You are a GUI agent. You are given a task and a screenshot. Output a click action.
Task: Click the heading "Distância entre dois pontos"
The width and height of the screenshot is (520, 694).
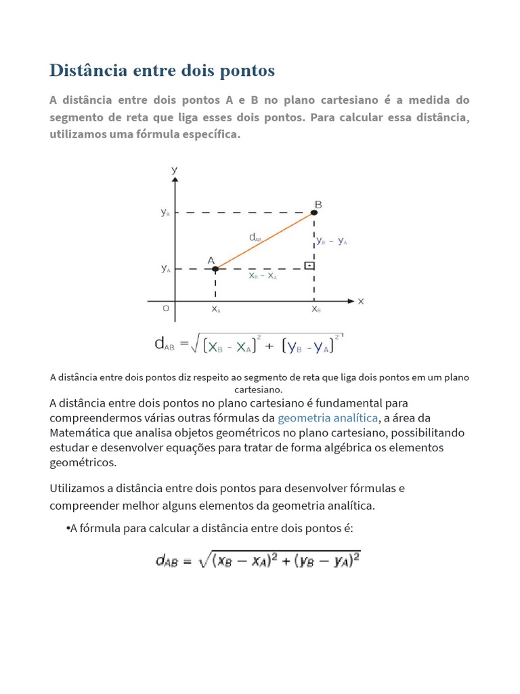tap(162, 70)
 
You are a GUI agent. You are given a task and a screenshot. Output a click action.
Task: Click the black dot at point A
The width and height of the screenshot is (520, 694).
tap(215, 269)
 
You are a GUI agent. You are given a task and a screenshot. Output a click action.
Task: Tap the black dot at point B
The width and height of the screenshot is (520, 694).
tap(314, 213)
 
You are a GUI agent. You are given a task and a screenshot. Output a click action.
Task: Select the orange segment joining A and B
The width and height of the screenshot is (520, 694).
tap(265, 241)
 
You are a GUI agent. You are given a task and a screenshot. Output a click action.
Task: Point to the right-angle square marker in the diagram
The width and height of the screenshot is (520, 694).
tap(309, 265)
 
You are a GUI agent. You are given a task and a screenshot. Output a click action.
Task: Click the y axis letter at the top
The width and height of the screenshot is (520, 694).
tap(175, 169)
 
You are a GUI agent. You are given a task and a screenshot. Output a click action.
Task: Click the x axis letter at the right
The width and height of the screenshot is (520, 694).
tap(361, 302)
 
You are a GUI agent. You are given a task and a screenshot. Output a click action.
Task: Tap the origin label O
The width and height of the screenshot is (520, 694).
tap(165, 309)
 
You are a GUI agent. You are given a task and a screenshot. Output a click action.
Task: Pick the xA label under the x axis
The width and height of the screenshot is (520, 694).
tap(216, 310)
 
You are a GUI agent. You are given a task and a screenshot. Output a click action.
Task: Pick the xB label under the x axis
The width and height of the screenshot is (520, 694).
tap(316, 310)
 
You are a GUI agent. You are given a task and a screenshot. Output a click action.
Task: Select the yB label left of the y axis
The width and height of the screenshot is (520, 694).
tap(165, 213)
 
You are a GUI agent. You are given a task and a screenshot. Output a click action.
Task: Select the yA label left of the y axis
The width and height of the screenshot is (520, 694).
tap(165, 269)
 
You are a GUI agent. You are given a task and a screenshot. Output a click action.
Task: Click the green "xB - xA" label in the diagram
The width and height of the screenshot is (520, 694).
tap(263, 277)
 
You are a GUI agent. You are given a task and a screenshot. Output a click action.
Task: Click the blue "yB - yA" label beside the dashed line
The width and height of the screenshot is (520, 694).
tap(332, 241)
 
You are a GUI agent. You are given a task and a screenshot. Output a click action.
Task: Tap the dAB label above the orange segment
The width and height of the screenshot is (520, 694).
tap(255, 237)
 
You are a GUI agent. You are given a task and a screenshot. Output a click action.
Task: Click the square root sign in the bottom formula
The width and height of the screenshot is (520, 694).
tap(204, 560)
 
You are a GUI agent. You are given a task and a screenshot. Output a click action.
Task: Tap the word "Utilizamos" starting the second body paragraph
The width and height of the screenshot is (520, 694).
tap(76, 488)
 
